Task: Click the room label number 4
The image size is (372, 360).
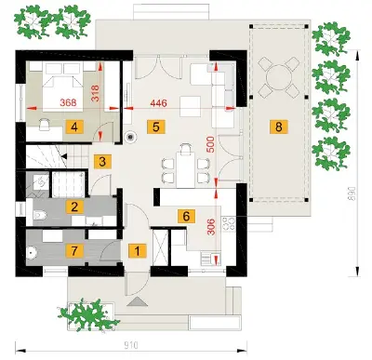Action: pos(74,127)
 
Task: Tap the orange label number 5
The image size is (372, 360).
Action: pos(156,127)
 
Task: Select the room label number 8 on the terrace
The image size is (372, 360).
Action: pos(279,127)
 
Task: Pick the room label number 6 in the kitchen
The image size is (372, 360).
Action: pos(186,216)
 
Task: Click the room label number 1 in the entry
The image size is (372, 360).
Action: pos(138,251)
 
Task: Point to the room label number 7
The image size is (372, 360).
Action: pos(74,251)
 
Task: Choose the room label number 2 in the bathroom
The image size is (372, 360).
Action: pos(74,207)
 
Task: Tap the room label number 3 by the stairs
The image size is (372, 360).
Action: pos(102,162)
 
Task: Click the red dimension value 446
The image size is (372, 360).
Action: pos(158,102)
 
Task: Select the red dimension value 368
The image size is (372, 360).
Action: pos(68,102)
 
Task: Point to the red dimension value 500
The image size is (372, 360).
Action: pos(210,144)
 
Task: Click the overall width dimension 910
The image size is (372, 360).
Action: pos(131,345)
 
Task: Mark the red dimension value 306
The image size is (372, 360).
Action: pos(211,227)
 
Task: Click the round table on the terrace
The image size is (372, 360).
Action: pos(279,76)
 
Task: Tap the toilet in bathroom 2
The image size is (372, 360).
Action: pos(40,215)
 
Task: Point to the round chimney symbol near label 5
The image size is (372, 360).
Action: pos(131,137)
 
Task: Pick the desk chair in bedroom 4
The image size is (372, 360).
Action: pos(46,124)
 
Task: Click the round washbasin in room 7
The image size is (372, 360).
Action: pos(32,252)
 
